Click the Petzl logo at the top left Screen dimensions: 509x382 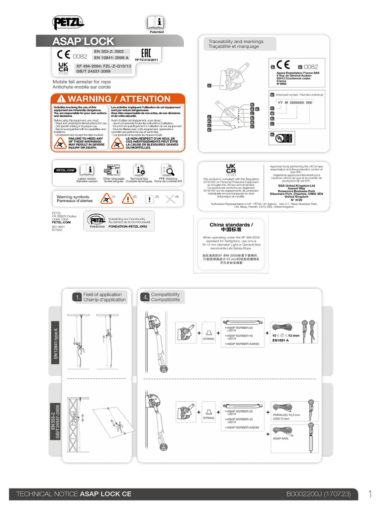(69, 22)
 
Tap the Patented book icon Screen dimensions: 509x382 (156, 22)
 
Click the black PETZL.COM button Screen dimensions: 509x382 (64, 170)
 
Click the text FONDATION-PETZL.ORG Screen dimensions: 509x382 (128, 226)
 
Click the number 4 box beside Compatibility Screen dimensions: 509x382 (145, 297)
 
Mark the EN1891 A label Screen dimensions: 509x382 (281, 340)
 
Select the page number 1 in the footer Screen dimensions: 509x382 (371, 494)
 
